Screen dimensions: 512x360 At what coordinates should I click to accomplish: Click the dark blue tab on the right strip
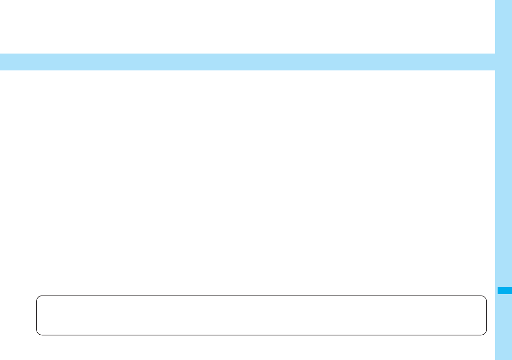coord(504,291)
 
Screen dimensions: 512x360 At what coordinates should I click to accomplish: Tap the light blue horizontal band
coord(248,62)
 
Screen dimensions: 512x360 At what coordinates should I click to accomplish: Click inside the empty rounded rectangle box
coord(261,315)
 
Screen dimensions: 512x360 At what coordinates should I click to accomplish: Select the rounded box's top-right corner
coord(484,298)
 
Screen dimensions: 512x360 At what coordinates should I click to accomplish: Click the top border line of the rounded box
coord(261,296)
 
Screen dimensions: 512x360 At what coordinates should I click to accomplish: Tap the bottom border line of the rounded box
coord(261,335)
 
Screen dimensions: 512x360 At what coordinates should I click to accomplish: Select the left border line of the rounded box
coord(37,315)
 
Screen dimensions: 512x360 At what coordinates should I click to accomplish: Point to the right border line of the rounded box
coord(486,315)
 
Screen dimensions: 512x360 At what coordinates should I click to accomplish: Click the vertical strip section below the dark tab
coord(504,327)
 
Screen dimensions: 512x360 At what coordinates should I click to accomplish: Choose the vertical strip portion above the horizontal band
coord(504,25)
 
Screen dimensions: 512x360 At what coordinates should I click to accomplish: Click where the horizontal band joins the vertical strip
coord(496,62)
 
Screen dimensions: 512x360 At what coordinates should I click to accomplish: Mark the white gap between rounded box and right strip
coord(491,315)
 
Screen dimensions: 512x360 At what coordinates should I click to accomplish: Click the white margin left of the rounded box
coord(18,315)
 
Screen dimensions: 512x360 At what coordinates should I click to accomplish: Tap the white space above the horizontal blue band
coord(248,25)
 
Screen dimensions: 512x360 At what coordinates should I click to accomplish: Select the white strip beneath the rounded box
coord(261,347)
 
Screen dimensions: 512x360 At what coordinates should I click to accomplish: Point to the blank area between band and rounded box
coord(248,183)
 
